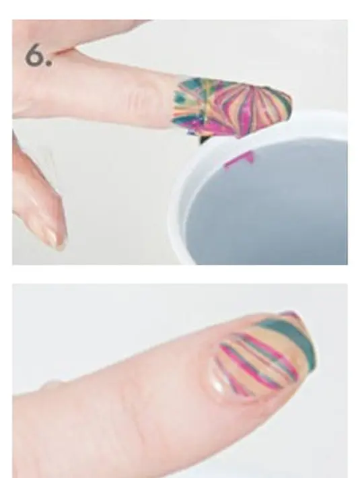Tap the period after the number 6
[x=48, y=64]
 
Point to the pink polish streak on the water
[x=239, y=160]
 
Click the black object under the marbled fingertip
[x=203, y=139]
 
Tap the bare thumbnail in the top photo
[x=55, y=237]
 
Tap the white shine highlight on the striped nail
[x=219, y=386]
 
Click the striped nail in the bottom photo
[x=262, y=357]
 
